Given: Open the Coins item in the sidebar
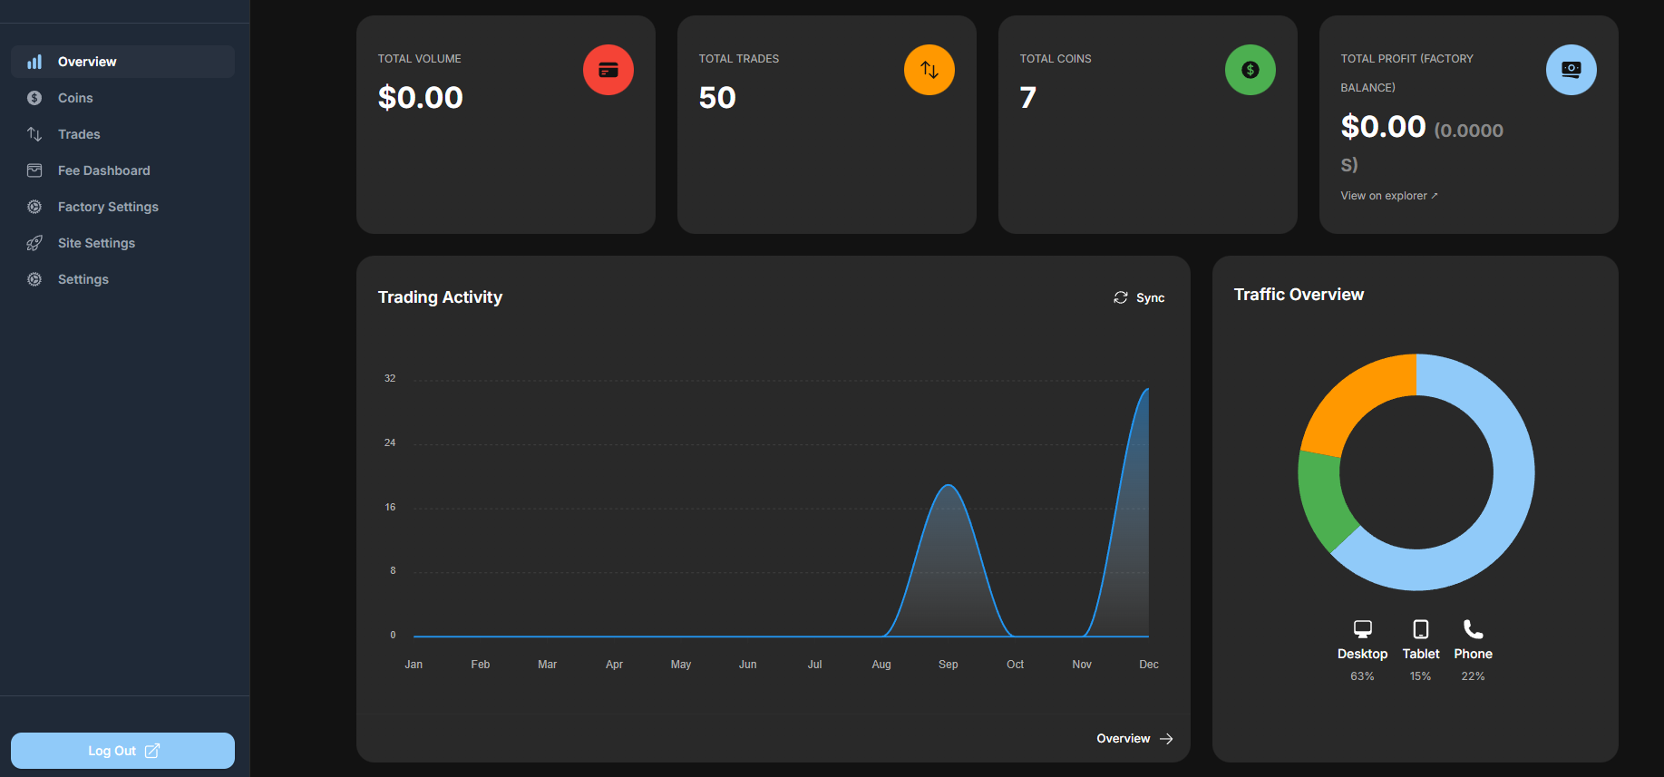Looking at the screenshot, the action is [x=75, y=98].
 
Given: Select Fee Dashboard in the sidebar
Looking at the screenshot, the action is [x=103, y=170].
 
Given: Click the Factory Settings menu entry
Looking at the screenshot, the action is [x=108, y=207].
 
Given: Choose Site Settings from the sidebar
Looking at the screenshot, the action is [x=96, y=243].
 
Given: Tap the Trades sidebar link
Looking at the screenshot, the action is [x=79, y=134].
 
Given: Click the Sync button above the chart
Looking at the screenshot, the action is [x=1139, y=297].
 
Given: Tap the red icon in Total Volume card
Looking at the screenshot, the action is [x=608, y=70].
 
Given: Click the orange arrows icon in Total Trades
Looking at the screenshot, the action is [x=929, y=70].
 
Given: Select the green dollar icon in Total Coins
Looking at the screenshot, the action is [x=1250, y=70].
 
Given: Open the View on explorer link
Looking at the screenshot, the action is [x=1389, y=196].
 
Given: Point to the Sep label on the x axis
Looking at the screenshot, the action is [x=949, y=665].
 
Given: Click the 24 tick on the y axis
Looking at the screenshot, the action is [x=390, y=442].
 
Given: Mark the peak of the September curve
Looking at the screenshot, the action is [x=949, y=485].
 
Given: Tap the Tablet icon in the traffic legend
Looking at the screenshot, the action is [x=1421, y=629].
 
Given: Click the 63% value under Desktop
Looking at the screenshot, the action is [x=1362, y=676].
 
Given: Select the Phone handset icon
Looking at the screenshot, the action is [x=1474, y=629].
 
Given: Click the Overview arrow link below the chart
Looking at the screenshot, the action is [x=1134, y=739].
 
